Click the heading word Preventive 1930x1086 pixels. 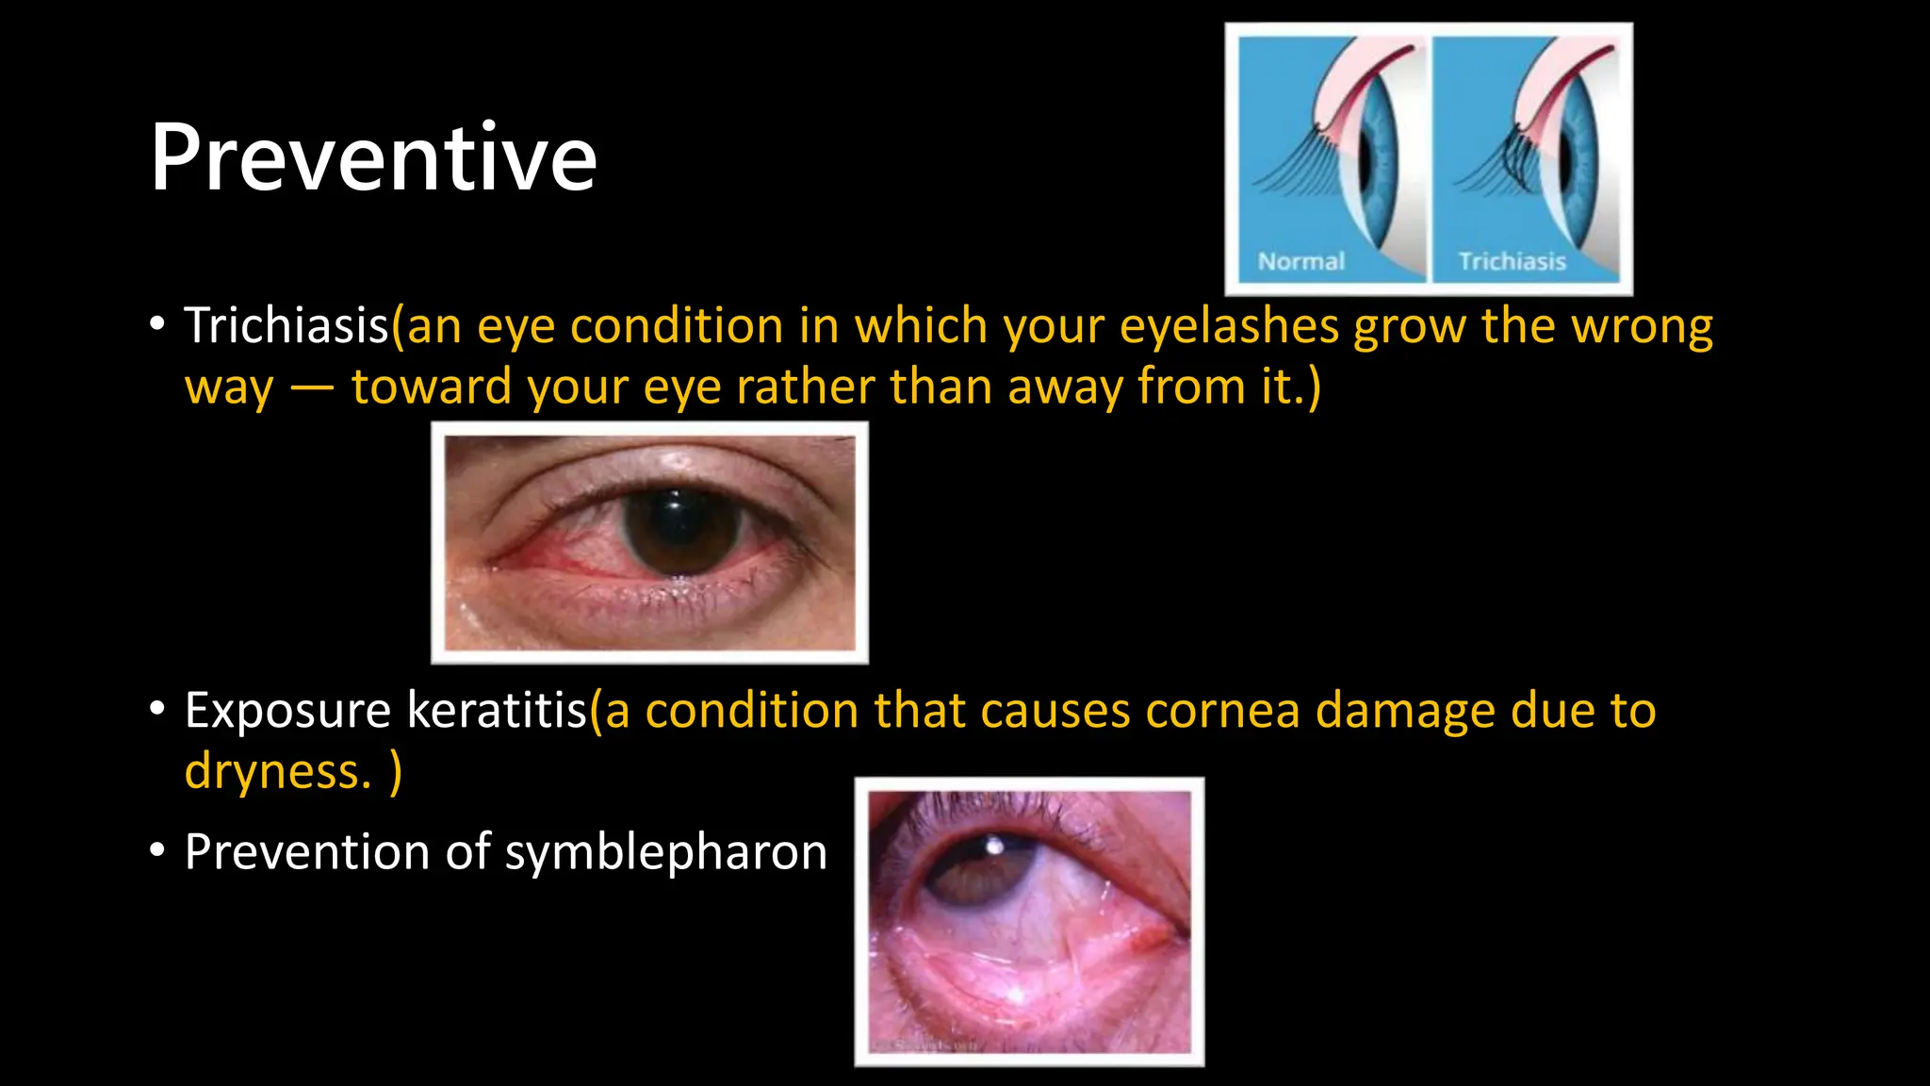pos(373,158)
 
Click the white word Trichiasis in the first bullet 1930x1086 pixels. pos(286,326)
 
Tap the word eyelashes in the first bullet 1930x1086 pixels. pos(1229,326)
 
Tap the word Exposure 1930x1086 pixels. pos(286,710)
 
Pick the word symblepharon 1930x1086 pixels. pos(665,852)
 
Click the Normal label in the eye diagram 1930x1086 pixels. pos(1300,261)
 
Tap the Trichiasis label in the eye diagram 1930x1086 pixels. pos(1512,261)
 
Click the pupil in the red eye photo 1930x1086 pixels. pos(680,530)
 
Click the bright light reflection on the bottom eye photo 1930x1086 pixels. pos(993,846)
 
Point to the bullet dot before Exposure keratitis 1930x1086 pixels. pos(157,708)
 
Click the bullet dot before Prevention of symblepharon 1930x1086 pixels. pos(157,850)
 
